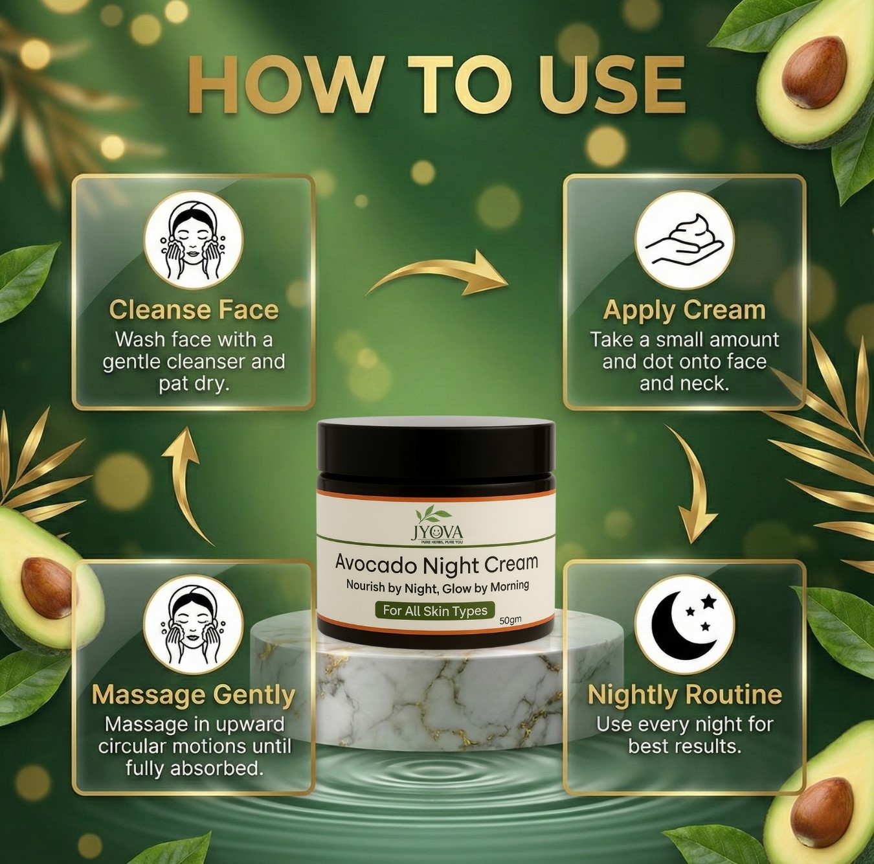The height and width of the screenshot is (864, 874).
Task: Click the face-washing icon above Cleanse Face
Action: pos(194,240)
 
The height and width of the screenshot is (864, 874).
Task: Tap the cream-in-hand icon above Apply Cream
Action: pos(684,240)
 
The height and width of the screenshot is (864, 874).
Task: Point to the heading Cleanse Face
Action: pos(194,310)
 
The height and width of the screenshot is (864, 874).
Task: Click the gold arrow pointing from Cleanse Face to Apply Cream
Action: pos(438,275)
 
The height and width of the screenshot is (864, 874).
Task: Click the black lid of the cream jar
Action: pos(436,446)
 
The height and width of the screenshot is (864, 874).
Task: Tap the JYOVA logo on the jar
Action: pos(434,525)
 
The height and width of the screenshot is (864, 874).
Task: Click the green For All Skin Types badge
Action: pos(435,610)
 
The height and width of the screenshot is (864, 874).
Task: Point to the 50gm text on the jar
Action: pos(510,621)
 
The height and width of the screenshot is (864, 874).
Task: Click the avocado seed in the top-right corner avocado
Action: pos(811,73)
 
